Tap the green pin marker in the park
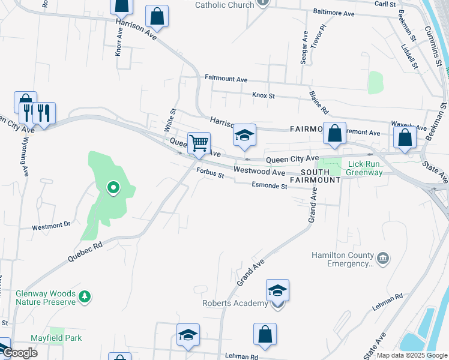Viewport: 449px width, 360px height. [x=112, y=188]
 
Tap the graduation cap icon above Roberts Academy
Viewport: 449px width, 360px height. [x=277, y=291]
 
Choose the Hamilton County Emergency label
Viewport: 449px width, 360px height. [x=343, y=259]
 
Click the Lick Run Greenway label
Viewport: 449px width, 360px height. [x=365, y=168]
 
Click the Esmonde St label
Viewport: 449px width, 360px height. [x=269, y=186]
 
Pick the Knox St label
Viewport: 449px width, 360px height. [x=263, y=95]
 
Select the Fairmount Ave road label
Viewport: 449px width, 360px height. [x=226, y=79]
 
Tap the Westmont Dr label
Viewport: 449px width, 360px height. [x=51, y=225]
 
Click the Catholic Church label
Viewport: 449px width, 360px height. [x=224, y=4]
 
